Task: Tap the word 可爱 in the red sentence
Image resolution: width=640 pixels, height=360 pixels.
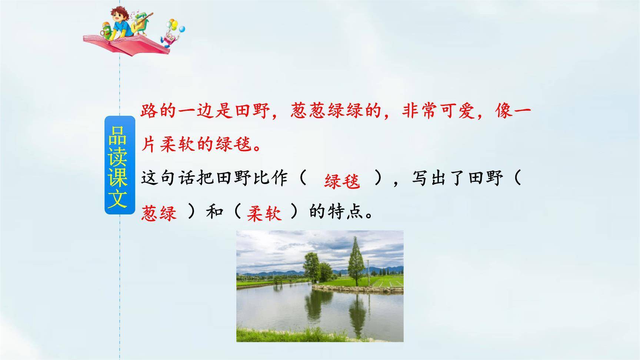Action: pos(457,111)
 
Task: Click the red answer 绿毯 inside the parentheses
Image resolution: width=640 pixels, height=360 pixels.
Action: pos(341,181)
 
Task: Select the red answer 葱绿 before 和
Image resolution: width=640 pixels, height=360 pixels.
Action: pos(159,214)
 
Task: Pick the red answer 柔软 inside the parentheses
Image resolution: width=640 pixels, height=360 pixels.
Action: pos(264,214)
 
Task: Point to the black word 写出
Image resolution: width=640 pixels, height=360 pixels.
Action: pos(430,178)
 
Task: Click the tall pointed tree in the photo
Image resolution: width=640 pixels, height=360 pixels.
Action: pos(356,261)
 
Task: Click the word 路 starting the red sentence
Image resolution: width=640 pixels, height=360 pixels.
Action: pos(149,111)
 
